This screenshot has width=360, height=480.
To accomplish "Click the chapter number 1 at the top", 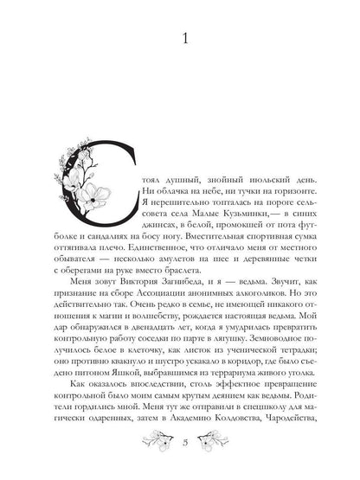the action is point(180,40).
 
